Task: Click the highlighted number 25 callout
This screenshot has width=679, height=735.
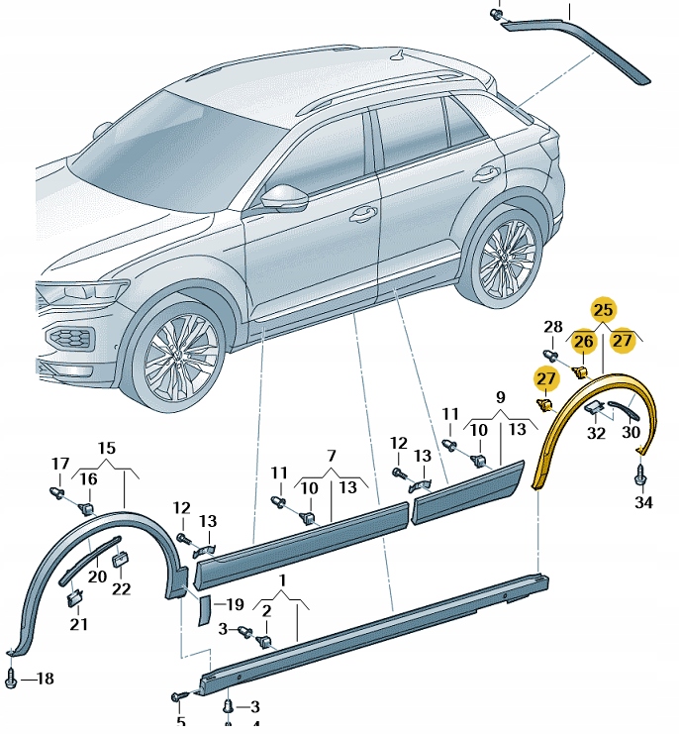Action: pos(603,310)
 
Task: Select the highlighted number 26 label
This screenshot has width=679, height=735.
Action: pos(584,343)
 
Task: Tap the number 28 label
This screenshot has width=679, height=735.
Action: pos(553,328)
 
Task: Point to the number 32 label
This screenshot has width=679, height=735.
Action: pos(596,432)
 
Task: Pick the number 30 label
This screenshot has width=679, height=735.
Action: pos(631,432)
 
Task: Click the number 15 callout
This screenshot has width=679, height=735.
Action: pos(107,448)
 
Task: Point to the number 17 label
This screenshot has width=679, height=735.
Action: pos(60,464)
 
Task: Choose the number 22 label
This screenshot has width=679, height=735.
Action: pos(121,589)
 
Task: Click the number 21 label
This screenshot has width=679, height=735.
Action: pos(78,623)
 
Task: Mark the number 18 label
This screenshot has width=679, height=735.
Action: pos(44,679)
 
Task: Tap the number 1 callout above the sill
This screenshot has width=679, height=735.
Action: pos(282,578)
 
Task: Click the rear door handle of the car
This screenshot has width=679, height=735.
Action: pos(485,174)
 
